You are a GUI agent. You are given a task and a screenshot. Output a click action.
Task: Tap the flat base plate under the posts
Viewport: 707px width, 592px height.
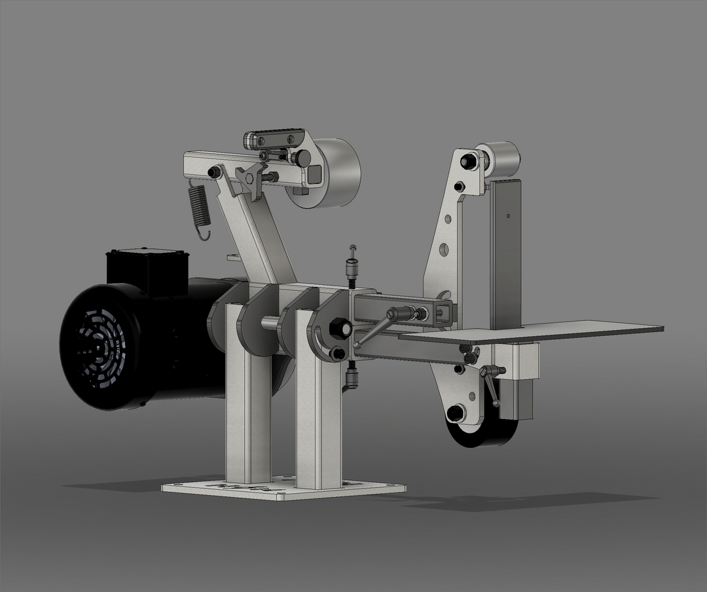tap(281, 489)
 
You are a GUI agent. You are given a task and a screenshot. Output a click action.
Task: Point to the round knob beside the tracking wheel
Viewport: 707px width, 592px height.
tap(302, 158)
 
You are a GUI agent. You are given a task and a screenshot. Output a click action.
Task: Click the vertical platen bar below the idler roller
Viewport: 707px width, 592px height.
tap(506, 255)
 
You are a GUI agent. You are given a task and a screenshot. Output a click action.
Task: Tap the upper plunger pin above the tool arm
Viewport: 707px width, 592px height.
tap(353, 265)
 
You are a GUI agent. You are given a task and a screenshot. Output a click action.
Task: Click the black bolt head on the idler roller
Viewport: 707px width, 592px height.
tap(468, 160)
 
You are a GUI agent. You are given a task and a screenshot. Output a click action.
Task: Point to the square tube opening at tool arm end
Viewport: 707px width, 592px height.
tap(444, 313)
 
